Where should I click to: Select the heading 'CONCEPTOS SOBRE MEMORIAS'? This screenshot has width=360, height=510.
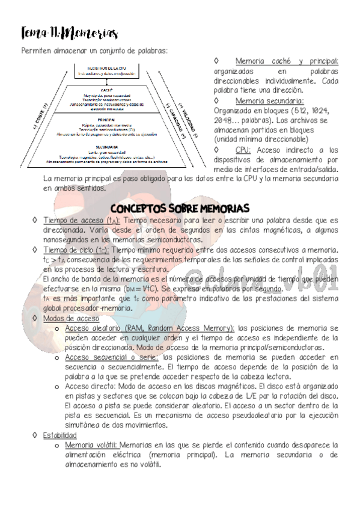tap(180, 208)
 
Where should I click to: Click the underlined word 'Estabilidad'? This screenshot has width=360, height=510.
tap(59, 435)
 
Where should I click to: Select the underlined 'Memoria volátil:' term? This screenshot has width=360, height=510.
tap(91, 445)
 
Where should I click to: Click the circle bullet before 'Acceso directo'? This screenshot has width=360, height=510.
tap(56, 387)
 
